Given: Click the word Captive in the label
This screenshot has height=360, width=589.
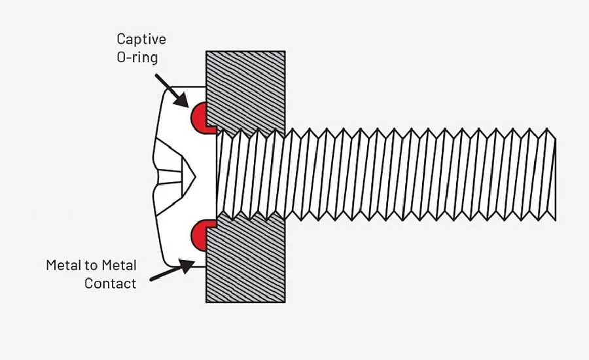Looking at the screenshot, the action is pos(141,39).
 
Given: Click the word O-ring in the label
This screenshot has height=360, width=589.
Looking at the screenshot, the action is pos(137,58).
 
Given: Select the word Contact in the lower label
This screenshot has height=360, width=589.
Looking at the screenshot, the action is pos(110,283).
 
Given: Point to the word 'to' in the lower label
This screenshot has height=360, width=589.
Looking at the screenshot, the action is pos(90,266).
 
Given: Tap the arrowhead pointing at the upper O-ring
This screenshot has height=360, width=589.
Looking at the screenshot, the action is pos(181,100).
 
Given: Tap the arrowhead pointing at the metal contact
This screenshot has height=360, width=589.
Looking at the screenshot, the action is pos(186,266).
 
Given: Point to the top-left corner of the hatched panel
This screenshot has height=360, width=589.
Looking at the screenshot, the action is pos(206,52).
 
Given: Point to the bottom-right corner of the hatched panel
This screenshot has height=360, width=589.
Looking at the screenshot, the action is pos(285,302).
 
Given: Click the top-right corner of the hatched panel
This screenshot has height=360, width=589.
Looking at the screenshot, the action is pos(285,52).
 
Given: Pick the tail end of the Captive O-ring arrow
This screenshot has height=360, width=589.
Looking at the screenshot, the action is pos(156,75).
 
